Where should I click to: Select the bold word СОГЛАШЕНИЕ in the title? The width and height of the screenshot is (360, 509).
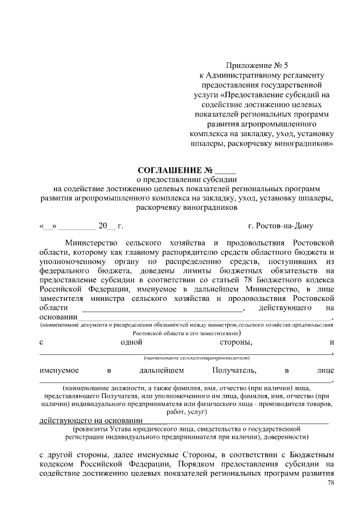(x=170, y=170)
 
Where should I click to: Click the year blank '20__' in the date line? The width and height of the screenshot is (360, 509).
(x=106, y=226)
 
